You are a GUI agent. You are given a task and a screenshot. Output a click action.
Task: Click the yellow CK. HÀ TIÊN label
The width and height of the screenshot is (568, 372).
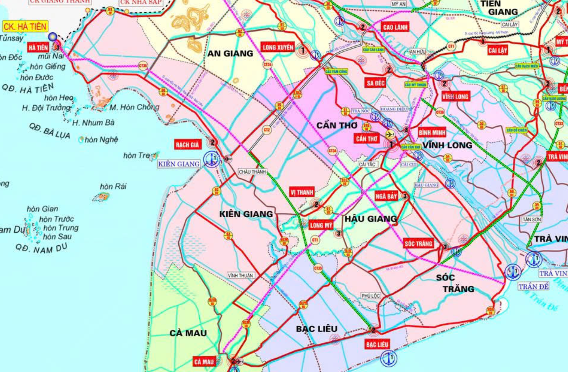click(25, 27)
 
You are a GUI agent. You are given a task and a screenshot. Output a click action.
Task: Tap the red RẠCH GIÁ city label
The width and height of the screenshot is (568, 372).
click(187, 145)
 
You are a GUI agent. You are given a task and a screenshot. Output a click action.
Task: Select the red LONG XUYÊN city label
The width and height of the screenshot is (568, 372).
click(278, 47)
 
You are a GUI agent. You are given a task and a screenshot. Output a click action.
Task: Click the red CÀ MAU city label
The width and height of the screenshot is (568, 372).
click(204, 362)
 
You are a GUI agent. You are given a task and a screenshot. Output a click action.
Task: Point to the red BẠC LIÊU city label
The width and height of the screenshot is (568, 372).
click(377, 345)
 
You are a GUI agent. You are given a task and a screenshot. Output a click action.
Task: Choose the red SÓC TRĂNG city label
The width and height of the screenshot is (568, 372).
click(418, 243)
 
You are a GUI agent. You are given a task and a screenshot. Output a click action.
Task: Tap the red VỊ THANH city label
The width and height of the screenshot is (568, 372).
click(302, 193)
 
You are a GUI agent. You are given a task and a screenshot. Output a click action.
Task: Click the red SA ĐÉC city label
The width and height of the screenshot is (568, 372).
click(375, 83)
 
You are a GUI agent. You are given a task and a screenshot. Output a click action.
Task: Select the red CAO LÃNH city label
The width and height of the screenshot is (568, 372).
click(395, 27)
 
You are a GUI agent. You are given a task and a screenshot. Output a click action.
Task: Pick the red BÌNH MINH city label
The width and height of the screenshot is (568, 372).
click(432, 132)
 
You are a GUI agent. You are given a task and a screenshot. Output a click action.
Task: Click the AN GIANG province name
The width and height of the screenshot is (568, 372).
click(230, 53)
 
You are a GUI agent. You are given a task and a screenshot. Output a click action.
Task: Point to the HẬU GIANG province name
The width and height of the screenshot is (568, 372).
click(371, 219)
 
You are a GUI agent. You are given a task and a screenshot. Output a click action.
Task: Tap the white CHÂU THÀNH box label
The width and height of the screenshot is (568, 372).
click(252, 172)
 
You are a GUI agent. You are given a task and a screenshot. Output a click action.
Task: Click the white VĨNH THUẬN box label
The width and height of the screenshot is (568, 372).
click(240, 275)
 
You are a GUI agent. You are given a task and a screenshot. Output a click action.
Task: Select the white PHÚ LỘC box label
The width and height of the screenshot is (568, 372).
click(371, 296)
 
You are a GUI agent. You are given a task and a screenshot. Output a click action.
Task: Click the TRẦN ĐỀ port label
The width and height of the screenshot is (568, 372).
click(533, 286)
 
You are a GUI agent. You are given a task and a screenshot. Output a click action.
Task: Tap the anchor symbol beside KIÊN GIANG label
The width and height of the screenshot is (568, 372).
click(212, 159)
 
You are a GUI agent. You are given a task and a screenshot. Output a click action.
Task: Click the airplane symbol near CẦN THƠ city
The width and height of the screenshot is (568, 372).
click(390, 134)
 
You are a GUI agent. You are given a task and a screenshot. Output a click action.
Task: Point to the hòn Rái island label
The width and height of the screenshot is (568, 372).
click(113, 186)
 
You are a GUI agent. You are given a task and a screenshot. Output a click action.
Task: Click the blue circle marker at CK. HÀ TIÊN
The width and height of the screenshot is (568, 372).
click(53, 37)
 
